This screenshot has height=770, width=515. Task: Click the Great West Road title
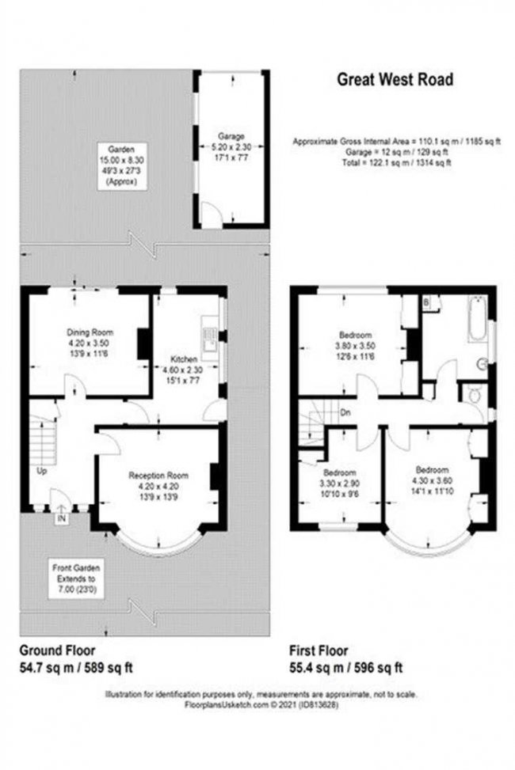(x=395, y=80)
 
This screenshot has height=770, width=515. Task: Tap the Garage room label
(x=231, y=136)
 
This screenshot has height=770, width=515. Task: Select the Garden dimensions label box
(x=121, y=165)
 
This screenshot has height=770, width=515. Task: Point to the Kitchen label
(x=184, y=359)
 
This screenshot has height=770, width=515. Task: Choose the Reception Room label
(x=158, y=476)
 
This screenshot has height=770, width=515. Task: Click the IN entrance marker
(x=62, y=518)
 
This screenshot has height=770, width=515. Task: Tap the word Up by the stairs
(x=42, y=472)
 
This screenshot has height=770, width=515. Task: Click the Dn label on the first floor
(x=345, y=413)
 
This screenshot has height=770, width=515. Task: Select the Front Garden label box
(x=76, y=578)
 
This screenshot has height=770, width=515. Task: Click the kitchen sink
(x=209, y=339)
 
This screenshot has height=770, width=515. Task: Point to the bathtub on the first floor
(x=477, y=318)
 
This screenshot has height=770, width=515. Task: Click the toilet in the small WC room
(x=474, y=396)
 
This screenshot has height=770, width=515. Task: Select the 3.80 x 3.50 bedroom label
(x=357, y=346)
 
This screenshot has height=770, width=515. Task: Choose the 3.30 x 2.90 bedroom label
(x=339, y=484)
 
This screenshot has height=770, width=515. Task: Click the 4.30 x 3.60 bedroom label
(x=432, y=480)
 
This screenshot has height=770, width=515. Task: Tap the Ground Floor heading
(x=57, y=651)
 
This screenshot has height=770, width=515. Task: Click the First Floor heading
(x=319, y=651)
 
